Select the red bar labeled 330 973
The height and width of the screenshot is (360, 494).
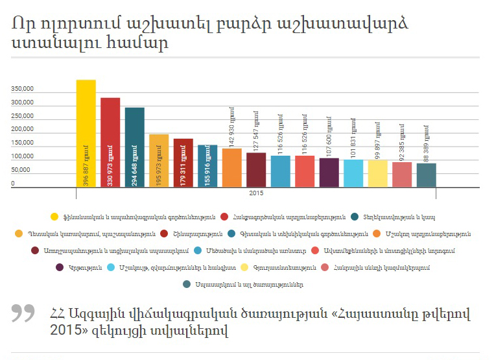(110, 143)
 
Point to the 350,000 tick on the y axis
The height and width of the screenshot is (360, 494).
(22, 89)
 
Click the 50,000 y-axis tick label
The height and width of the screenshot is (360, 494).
(21, 170)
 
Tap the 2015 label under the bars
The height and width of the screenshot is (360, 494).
(256, 193)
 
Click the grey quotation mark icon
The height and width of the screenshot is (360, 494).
(24, 313)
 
